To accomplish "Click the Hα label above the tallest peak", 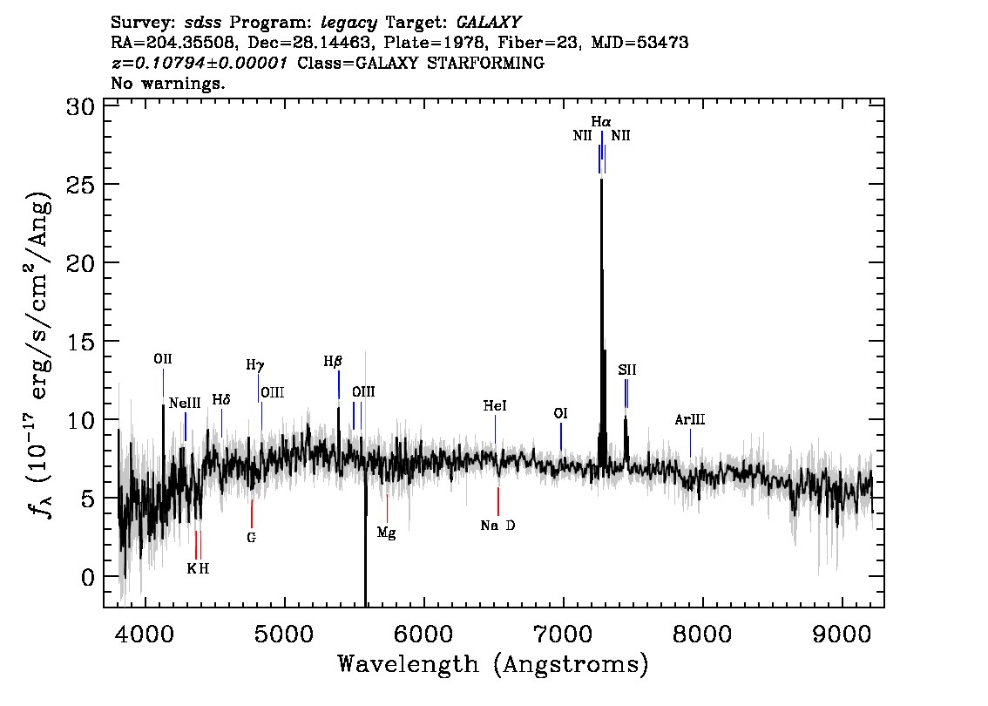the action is (x=601, y=121).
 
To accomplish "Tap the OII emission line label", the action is (x=163, y=359).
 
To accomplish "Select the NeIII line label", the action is (x=185, y=403).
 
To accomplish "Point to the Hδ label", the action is (x=221, y=400).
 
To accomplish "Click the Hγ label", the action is (x=255, y=365).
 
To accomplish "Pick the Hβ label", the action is (x=333, y=361).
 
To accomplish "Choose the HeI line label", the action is (x=495, y=406).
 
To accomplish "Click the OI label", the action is (x=560, y=413).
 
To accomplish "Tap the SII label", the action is (x=627, y=370).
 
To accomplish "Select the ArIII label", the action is (x=690, y=419).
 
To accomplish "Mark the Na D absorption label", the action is (x=497, y=525).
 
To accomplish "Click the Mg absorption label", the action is (x=386, y=533).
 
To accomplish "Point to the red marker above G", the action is (x=252, y=513).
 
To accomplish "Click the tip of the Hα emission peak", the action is (x=602, y=180).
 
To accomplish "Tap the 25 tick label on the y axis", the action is (x=80, y=184).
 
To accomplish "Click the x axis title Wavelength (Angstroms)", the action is (x=493, y=664).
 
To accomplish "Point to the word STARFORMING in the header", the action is (x=485, y=63).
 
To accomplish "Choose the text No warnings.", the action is (x=167, y=83).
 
